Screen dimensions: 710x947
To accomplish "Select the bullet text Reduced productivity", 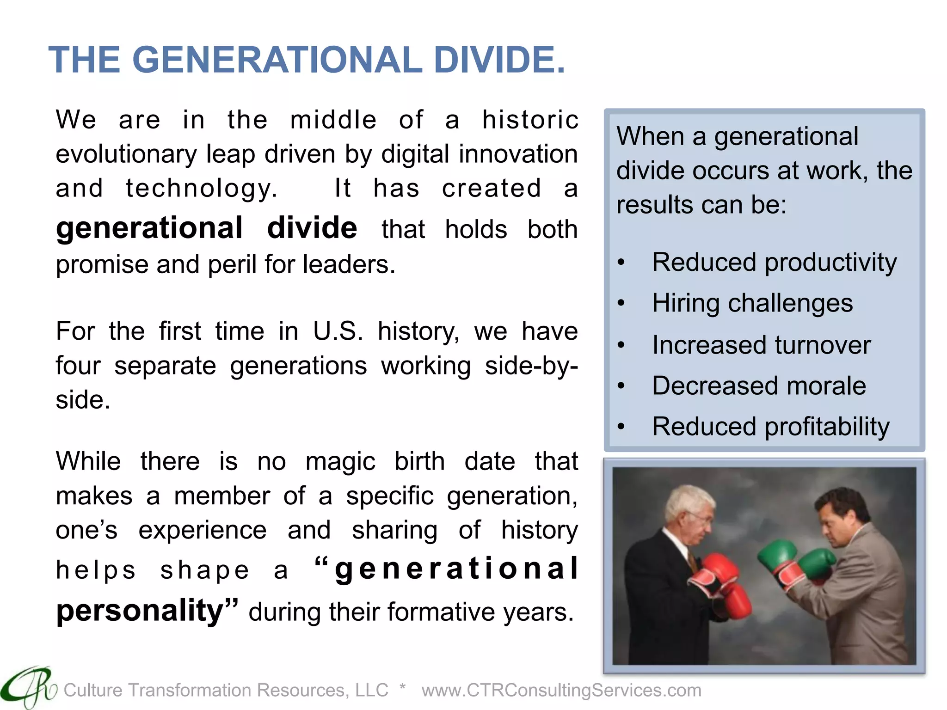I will click(x=774, y=263).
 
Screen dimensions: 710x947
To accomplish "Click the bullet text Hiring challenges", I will click(x=752, y=303).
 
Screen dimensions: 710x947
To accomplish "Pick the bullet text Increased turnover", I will click(x=761, y=345).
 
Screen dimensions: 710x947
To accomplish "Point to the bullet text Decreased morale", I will click(x=759, y=386).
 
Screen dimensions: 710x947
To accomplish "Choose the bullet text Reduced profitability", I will click(x=770, y=426).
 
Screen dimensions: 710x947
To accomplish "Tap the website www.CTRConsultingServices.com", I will click(x=561, y=690).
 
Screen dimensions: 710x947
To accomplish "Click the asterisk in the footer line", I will click(x=403, y=687).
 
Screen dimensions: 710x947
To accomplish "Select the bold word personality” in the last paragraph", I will click(x=147, y=611).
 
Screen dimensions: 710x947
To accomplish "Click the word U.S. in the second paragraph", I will click(x=338, y=331).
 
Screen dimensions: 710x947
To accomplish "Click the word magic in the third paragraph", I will click(x=340, y=462).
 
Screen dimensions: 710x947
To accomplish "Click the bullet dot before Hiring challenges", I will click(x=621, y=303).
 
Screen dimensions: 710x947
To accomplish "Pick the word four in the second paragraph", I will click(x=78, y=366).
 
